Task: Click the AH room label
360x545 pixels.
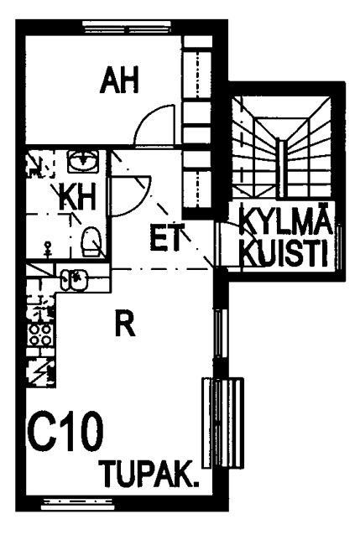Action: (x=119, y=80)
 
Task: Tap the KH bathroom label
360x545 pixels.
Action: (x=77, y=197)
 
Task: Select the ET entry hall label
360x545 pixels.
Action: (x=167, y=238)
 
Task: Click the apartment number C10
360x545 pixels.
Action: (x=65, y=431)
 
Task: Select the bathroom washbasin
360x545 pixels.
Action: (x=82, y=161)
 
